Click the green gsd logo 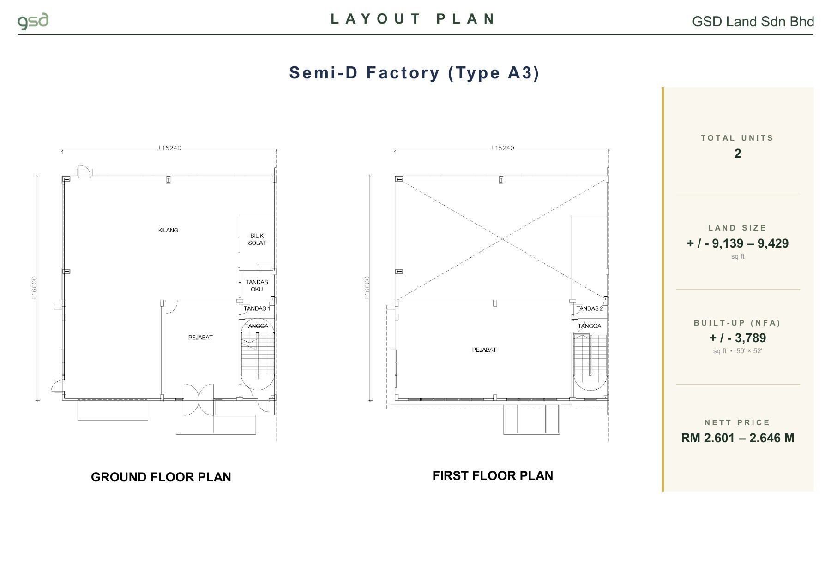33,22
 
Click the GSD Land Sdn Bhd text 753,22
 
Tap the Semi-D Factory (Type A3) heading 414,73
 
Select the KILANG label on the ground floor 168,231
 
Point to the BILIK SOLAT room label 257,239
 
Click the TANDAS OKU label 257,285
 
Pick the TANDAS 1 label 257,308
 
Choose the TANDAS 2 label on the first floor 590,308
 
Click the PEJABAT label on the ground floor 200,338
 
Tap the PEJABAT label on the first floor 484,350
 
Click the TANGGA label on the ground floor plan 257,326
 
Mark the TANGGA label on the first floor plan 590,326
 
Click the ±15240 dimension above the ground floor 169,148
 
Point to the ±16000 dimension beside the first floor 367,289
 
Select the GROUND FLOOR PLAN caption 161,477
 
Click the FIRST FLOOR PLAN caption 493,475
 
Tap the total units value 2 738,154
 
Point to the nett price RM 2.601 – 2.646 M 738,438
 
